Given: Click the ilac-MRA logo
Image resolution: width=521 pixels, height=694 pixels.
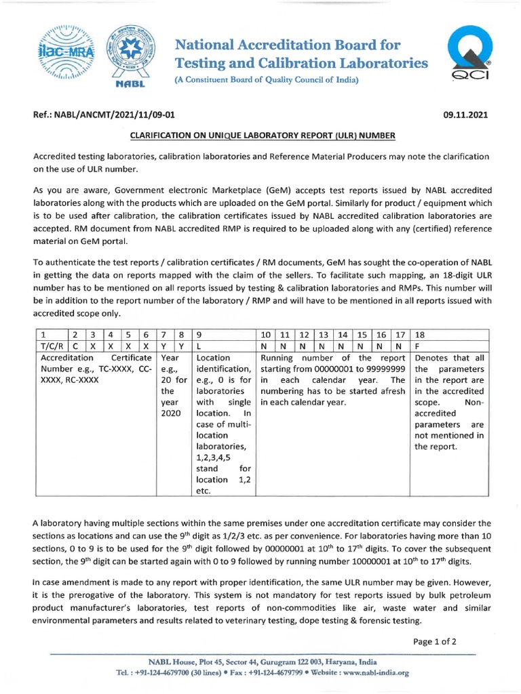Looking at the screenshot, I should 65,54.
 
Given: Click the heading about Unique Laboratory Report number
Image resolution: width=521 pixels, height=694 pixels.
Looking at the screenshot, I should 261,136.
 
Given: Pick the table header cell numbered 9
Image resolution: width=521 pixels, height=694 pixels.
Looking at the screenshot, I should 225,334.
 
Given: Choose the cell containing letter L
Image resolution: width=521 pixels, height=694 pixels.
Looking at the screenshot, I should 225,346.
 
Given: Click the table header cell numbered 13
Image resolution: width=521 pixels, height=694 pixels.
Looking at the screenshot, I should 324,334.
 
